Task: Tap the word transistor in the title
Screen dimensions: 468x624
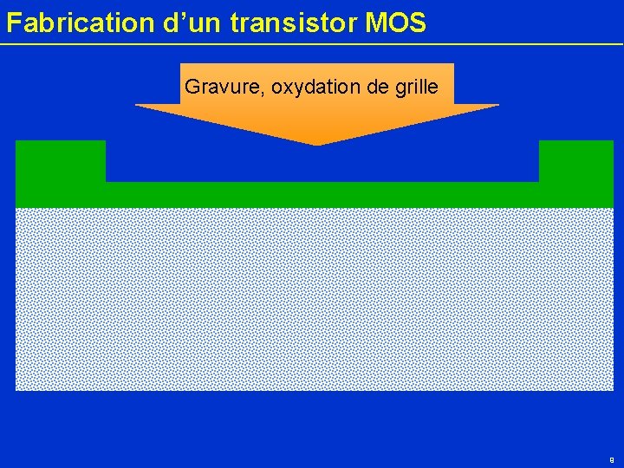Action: click(x=295, y=23)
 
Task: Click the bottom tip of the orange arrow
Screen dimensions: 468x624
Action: click(x=316, y=144)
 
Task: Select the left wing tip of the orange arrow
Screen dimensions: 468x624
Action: click(x=137, y=105)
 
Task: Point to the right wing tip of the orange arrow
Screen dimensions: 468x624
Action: click(x=497, y=105)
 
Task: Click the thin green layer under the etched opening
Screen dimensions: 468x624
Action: click(x=322, y=195)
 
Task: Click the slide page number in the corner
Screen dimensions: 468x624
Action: click(x=612, y=459)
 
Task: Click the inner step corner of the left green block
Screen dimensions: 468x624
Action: click(x=106, y=182)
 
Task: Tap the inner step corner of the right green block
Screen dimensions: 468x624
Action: click(x=539, y=182)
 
